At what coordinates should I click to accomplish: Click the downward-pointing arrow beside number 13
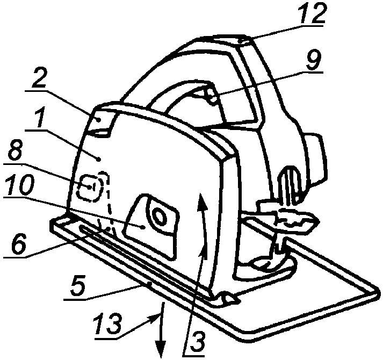pos(161,329)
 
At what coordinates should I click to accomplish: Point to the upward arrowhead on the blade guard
pos(203,201)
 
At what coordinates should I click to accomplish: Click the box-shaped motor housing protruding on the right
pos(313,159)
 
